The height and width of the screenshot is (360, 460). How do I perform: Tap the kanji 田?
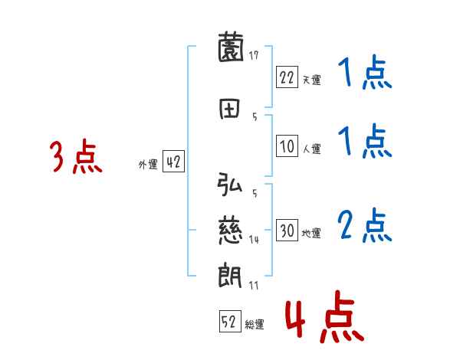230,109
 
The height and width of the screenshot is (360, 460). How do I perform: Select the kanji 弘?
230,186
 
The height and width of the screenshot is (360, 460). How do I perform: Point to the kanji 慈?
230,227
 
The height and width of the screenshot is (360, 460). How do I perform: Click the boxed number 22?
287,77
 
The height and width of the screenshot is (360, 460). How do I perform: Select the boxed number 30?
287,231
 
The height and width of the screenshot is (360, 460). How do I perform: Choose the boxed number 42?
174,162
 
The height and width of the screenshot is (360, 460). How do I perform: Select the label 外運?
148,164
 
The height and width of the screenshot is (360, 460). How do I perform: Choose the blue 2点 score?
365,226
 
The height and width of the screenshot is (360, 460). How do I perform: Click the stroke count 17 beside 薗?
254,54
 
